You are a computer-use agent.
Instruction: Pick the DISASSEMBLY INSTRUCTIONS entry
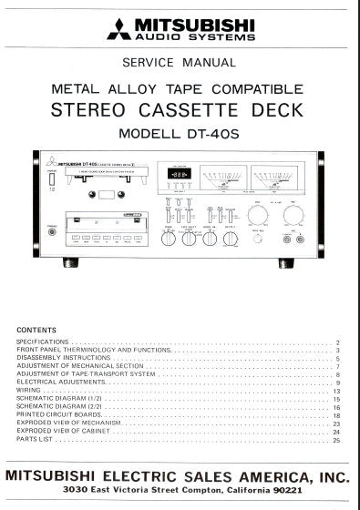[59, 358]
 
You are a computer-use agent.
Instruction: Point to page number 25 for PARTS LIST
[336, 442]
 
